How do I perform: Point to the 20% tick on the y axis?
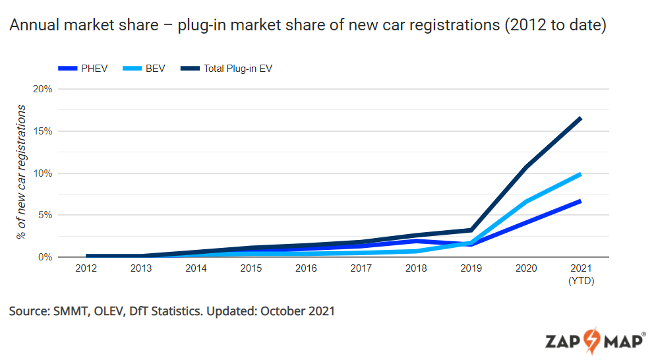[42, 89]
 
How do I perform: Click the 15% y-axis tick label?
[42, 131]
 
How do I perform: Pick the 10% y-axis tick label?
[42, 173]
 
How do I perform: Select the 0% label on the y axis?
[44, 257]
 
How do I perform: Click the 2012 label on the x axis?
[86, 269]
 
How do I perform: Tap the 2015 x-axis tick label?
[251, 269]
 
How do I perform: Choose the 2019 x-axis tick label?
[471, 269]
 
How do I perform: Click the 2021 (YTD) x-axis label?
[581, 274]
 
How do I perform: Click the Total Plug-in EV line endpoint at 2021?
[581, 119]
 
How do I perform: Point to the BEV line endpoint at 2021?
[581, 174]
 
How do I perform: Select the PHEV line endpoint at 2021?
[581, 201]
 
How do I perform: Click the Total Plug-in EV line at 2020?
[526, 167]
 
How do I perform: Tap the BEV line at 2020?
[526, 202]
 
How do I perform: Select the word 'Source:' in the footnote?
[28, 311]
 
